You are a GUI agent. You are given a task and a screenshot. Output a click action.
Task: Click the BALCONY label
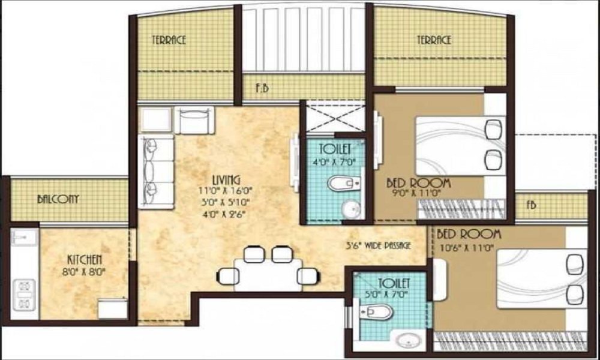(58, 199)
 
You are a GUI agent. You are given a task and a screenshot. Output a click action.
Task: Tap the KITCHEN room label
(85, 260)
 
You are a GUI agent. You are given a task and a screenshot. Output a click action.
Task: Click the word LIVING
(227, 179)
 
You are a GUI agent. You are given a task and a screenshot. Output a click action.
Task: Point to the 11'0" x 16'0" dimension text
(226, 191)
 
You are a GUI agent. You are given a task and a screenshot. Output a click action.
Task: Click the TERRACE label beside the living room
(169, 40)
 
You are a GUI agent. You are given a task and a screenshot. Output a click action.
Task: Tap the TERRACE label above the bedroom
(434, 40)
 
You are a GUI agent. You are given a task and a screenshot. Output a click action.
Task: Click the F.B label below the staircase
(262, 88)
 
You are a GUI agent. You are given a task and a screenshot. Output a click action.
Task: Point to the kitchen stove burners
(24, 295)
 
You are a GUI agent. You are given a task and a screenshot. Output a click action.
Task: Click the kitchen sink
(24, 237)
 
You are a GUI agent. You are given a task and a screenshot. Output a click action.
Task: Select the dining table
(268, 275)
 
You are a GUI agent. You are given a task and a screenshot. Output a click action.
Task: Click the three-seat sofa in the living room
(156, 172)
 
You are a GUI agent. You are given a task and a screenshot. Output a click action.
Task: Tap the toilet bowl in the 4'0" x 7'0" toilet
(344, 184)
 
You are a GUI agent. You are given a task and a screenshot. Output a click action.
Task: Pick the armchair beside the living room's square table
(194, 120)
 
